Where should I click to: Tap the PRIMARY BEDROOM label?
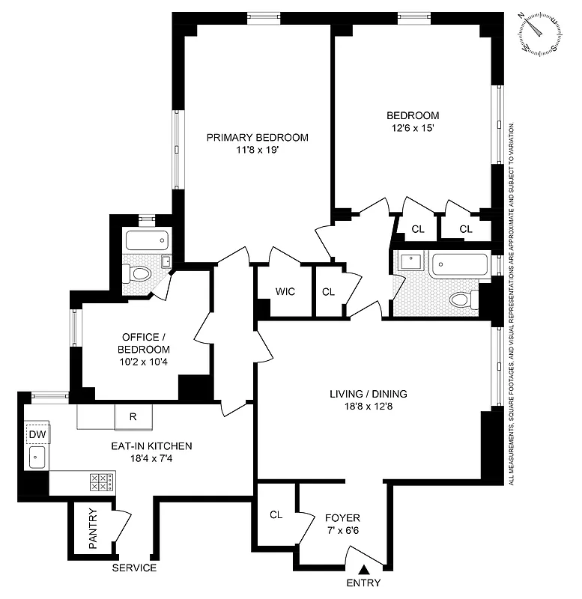click(257, 138)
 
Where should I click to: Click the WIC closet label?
click(285, 291)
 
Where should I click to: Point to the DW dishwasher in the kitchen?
click(37, 434)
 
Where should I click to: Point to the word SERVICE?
click(134, 568)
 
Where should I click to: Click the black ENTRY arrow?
click(363, 571)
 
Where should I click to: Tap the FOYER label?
click(342, 517)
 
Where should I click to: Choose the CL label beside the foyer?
click(276, 514)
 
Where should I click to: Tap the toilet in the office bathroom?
click(139, 276)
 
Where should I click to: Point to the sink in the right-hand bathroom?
click(410, 263)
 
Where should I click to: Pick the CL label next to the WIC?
click(328, 291)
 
